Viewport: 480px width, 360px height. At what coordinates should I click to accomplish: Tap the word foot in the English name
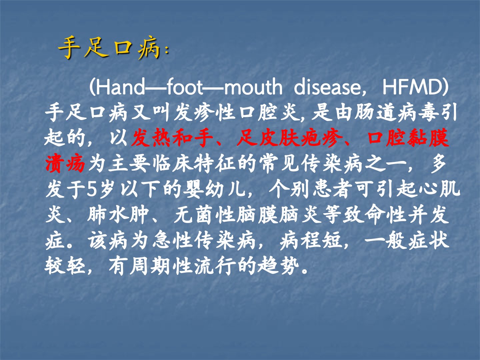tap(184, 87)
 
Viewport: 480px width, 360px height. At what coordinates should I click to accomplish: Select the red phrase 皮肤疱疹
tap(290, 138)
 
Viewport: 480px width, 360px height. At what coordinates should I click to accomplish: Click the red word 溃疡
tap(65, 164)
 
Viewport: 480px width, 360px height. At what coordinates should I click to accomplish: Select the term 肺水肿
tap(118, 215)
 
